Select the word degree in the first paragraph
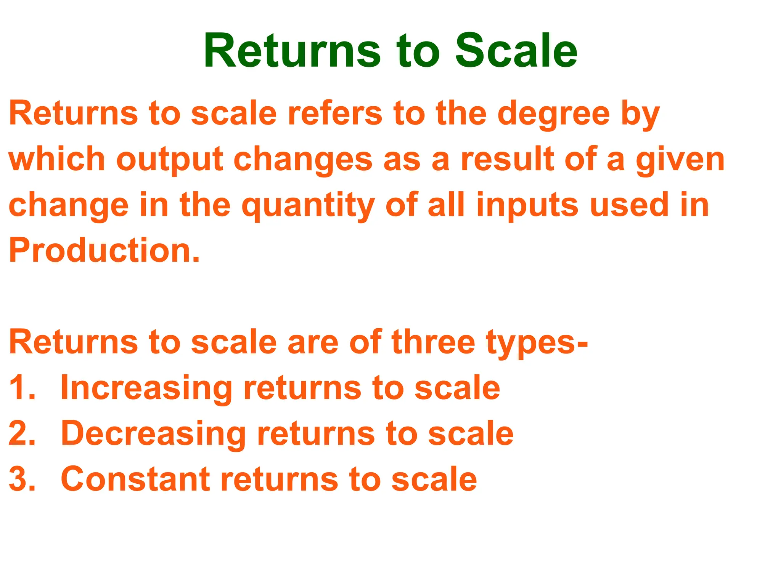[x=554, y=114]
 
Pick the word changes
[x=303, y=160]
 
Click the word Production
[x=104, y=251]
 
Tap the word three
[x=433, y=342]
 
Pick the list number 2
[x=22, y=433]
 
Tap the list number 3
[x=22, y=479]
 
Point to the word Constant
[x=135, y=479]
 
